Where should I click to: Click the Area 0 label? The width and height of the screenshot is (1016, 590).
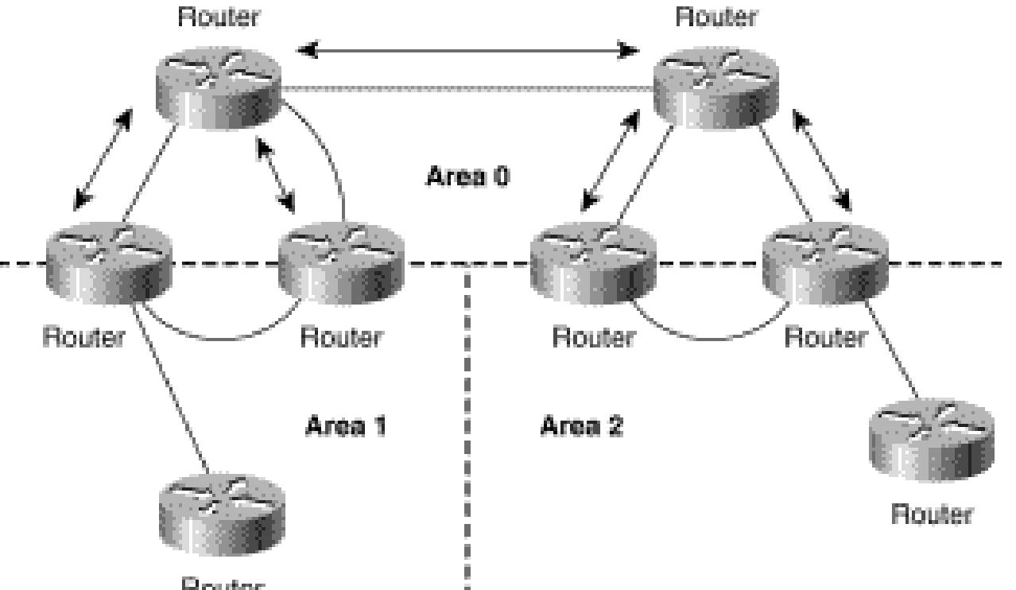point(467,176)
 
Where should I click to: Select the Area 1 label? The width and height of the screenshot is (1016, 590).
point(346,426)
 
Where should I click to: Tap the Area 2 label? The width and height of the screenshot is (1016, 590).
point(582,426)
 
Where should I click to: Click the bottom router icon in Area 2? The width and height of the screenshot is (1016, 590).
point(931,440)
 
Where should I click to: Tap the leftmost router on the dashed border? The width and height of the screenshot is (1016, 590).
point(108,261)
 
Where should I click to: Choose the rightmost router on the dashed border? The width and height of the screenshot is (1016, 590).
point(824,261)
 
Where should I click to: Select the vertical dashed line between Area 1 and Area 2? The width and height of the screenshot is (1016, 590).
point(467,429)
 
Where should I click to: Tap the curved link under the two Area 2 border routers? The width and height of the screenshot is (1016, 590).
point(708,336)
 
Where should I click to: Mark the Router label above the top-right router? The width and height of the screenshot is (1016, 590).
point(716,17)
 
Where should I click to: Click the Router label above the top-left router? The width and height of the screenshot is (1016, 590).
point(219,17)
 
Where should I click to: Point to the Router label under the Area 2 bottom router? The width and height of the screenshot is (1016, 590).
point(931,514)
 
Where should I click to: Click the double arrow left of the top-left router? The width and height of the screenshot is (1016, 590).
point(102,160)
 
